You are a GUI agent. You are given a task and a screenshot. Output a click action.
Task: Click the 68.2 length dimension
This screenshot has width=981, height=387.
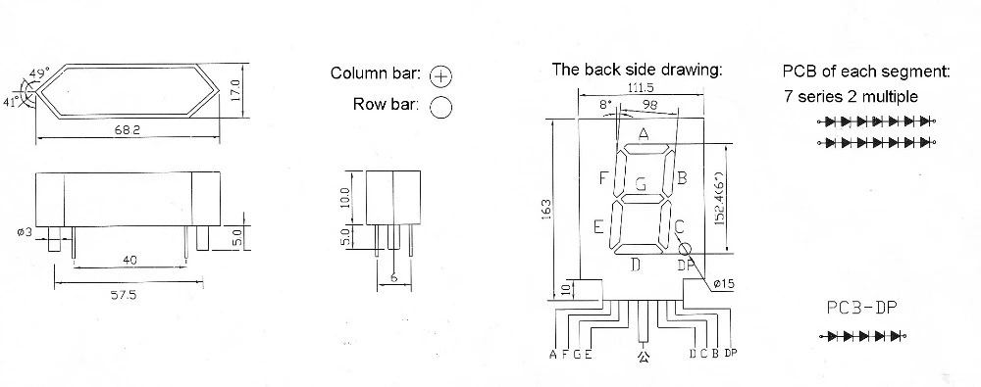(x=127, y=130)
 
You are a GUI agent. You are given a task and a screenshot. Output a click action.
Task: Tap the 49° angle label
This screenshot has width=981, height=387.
(x=39, y=73)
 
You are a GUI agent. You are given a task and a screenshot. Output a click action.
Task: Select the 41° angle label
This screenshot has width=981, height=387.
(x=12, y=103)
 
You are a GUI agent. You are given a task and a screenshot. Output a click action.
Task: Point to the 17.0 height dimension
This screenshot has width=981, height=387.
(x=235, y=91)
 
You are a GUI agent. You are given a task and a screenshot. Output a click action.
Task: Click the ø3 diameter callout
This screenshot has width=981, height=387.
(x=25, y=232)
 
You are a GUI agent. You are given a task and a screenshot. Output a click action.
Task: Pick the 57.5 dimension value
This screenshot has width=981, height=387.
(x=124, y=295)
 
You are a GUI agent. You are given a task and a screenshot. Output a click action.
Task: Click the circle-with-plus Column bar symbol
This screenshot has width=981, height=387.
(x=440, y=76)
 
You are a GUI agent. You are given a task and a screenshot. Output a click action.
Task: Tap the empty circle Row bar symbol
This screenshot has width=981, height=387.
(x=440, y=107)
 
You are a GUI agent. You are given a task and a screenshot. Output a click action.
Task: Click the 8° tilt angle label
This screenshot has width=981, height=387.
(x=605, y=105)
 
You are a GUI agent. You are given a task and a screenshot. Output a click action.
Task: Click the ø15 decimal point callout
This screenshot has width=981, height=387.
(x=723, y=284)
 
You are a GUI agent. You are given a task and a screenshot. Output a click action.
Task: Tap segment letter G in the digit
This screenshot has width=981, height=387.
(x=641, y=185)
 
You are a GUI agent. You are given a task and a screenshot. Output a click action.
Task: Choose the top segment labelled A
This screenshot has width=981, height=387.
(x=645, y=149)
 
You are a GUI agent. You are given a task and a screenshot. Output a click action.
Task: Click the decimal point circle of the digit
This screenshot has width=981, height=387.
(x=686, y=250)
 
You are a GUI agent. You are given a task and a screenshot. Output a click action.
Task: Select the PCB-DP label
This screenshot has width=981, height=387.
(x=862, y=308)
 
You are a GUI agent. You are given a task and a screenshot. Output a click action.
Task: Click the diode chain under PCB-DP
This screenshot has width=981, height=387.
(x=863, y=336)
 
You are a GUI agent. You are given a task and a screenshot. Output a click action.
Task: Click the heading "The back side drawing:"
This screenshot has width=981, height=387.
(x=637, y=70)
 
